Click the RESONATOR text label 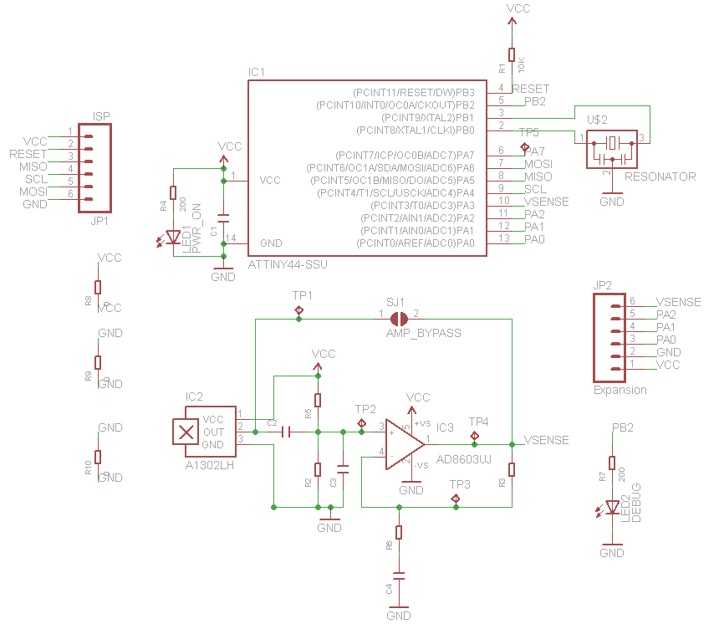point(660,177)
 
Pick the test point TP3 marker point(456,499)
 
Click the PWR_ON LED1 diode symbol point(174,237)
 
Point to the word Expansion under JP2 point(620,390)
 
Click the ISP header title point(101,117)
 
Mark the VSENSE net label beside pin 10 point(547,202)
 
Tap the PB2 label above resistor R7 point(622,427)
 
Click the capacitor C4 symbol point(399,576)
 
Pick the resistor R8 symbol point(97,287)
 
